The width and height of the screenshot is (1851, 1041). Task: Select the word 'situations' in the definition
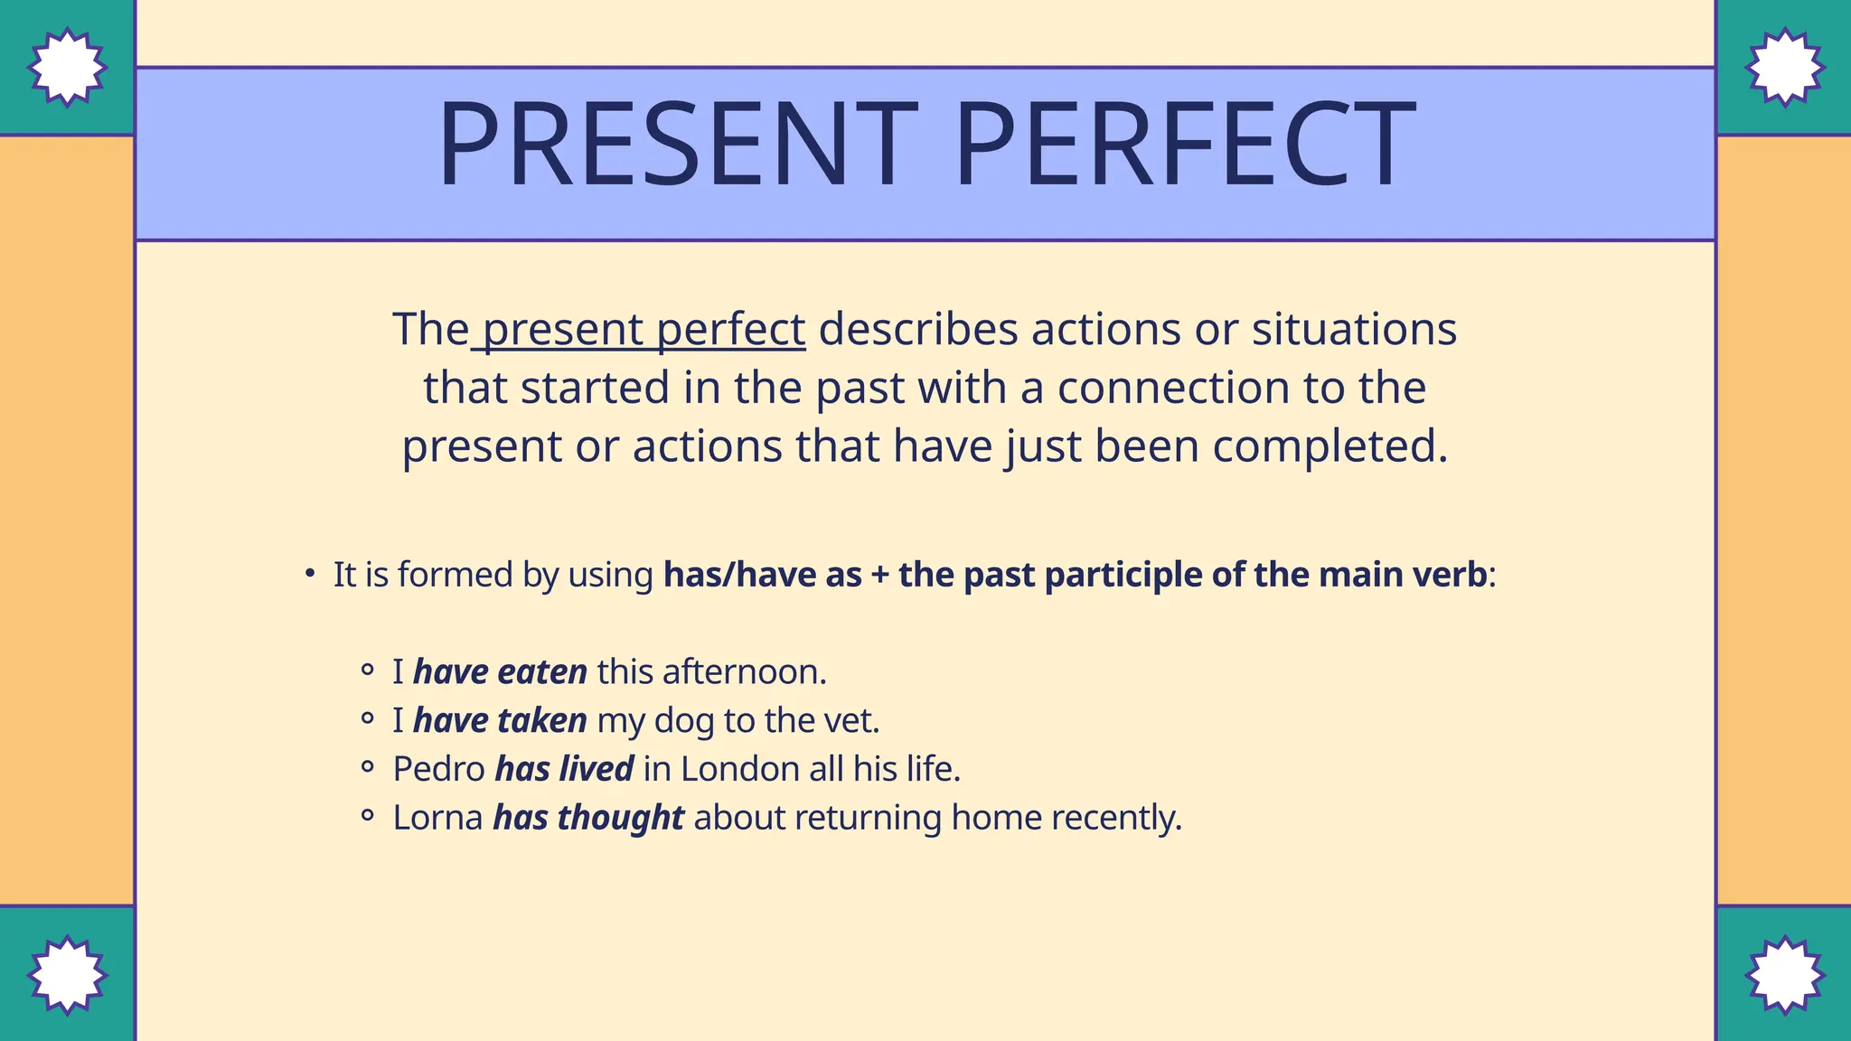(1354, 329)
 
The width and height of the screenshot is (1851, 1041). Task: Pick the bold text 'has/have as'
(762, 575)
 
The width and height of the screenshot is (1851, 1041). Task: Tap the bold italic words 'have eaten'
(500, 672)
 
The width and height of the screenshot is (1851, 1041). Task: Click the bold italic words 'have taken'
(500, 721)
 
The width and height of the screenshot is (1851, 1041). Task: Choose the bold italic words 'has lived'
(564, 769)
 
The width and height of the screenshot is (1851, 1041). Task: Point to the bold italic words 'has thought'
(588, 818)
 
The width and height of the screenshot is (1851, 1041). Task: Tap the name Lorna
(437, 818)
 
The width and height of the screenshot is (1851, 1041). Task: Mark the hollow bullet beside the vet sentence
(367, 720)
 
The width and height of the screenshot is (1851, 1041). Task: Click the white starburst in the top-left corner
(67, 68)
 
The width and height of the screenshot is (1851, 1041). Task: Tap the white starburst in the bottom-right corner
(1784, 975)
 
